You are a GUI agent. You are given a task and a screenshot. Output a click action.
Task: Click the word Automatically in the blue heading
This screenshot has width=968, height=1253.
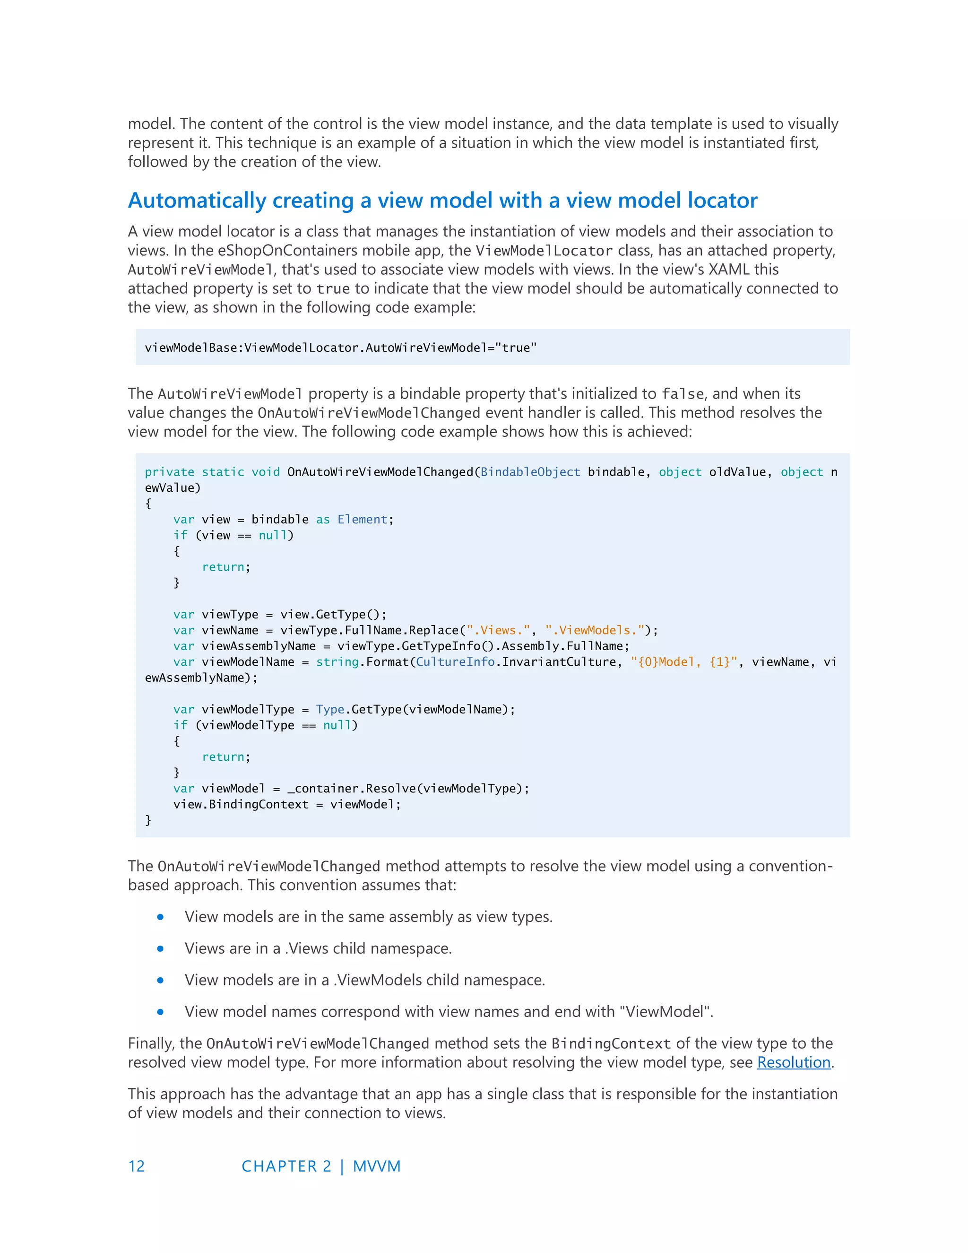(x=197, y=201)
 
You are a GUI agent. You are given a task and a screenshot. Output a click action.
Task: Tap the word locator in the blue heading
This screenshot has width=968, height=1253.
(x=723, y=201)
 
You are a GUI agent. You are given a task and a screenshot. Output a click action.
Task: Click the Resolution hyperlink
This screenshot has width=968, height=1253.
(x=794, y=1062)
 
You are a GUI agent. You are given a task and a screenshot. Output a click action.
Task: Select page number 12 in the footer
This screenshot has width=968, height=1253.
(x=137, y=1166)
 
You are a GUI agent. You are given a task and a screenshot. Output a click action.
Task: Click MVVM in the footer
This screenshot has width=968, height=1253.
(x=377, y=1166)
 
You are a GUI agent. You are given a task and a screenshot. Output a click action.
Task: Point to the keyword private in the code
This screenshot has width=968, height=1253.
(x=169, y=472)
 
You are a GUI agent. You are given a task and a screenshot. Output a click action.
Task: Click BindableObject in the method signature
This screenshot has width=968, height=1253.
(x=530, y=472)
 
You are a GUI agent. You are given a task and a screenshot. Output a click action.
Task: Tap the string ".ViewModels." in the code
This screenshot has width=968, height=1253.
(x=595, y=630)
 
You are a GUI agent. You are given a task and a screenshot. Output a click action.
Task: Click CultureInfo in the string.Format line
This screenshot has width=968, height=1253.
(x=455, y=662)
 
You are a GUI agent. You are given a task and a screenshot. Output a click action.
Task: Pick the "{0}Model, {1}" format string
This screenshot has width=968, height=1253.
(x=683, y=662)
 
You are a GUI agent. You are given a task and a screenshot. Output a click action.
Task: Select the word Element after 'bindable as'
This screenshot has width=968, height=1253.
(x=363, y=520)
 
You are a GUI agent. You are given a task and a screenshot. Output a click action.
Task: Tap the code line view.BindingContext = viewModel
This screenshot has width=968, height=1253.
(x=287, y=804)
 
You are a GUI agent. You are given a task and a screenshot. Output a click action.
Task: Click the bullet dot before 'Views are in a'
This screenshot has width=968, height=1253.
(x=161, y=949)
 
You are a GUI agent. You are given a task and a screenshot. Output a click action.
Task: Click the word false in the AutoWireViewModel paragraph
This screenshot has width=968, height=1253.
(x=683, y=394)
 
